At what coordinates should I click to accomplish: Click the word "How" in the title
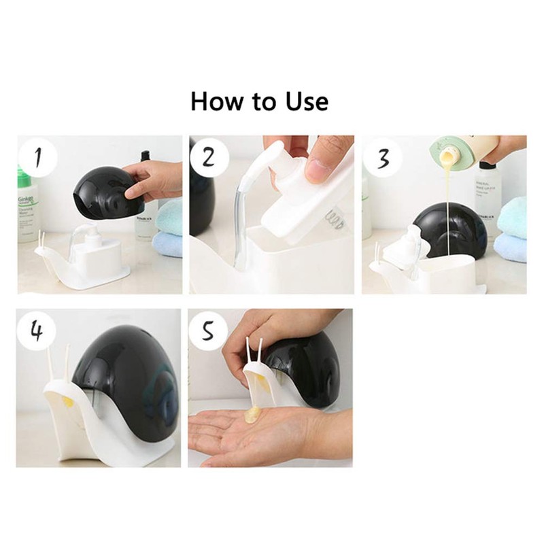tap(216, 101)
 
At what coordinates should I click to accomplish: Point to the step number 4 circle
tap(37, 331)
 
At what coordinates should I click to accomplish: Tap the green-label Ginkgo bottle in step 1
tap(27, 204)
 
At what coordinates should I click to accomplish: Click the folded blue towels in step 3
tap(511, 228)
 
